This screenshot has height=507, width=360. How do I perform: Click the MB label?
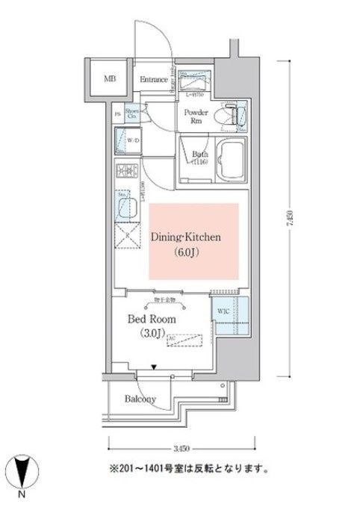[110, 78]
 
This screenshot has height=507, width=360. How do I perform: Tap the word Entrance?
[153, 78]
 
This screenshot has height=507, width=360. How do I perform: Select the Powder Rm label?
[191, 115]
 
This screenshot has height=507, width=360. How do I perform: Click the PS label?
[117, 113]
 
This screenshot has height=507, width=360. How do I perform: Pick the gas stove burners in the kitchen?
[124, 176]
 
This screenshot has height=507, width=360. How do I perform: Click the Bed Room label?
[152, 319]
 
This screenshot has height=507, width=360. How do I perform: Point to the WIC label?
[223, 311]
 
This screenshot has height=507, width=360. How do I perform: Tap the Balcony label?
[140, 399]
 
